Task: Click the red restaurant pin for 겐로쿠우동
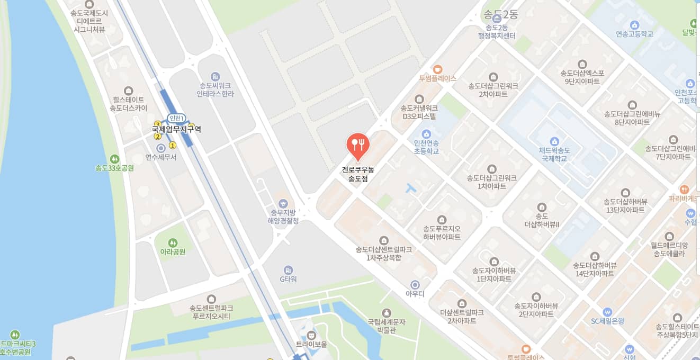point(358,145)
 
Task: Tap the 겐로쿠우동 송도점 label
point(358,175)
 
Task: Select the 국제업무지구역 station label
point(176,129)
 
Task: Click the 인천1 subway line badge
point(176,118)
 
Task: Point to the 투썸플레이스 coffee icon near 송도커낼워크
point(437,69)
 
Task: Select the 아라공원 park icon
point(173,242)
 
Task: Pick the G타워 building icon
point(288,269)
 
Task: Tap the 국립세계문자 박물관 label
point(387,326)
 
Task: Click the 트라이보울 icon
point(311,335)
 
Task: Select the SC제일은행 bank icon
point(607,312)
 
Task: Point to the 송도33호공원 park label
point(114,168)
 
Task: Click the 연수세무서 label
point(161,157)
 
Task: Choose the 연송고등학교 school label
point(634,34)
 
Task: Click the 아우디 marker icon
point(415,285)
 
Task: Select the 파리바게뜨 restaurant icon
point(684,189)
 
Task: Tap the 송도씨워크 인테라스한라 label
point(215,89)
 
